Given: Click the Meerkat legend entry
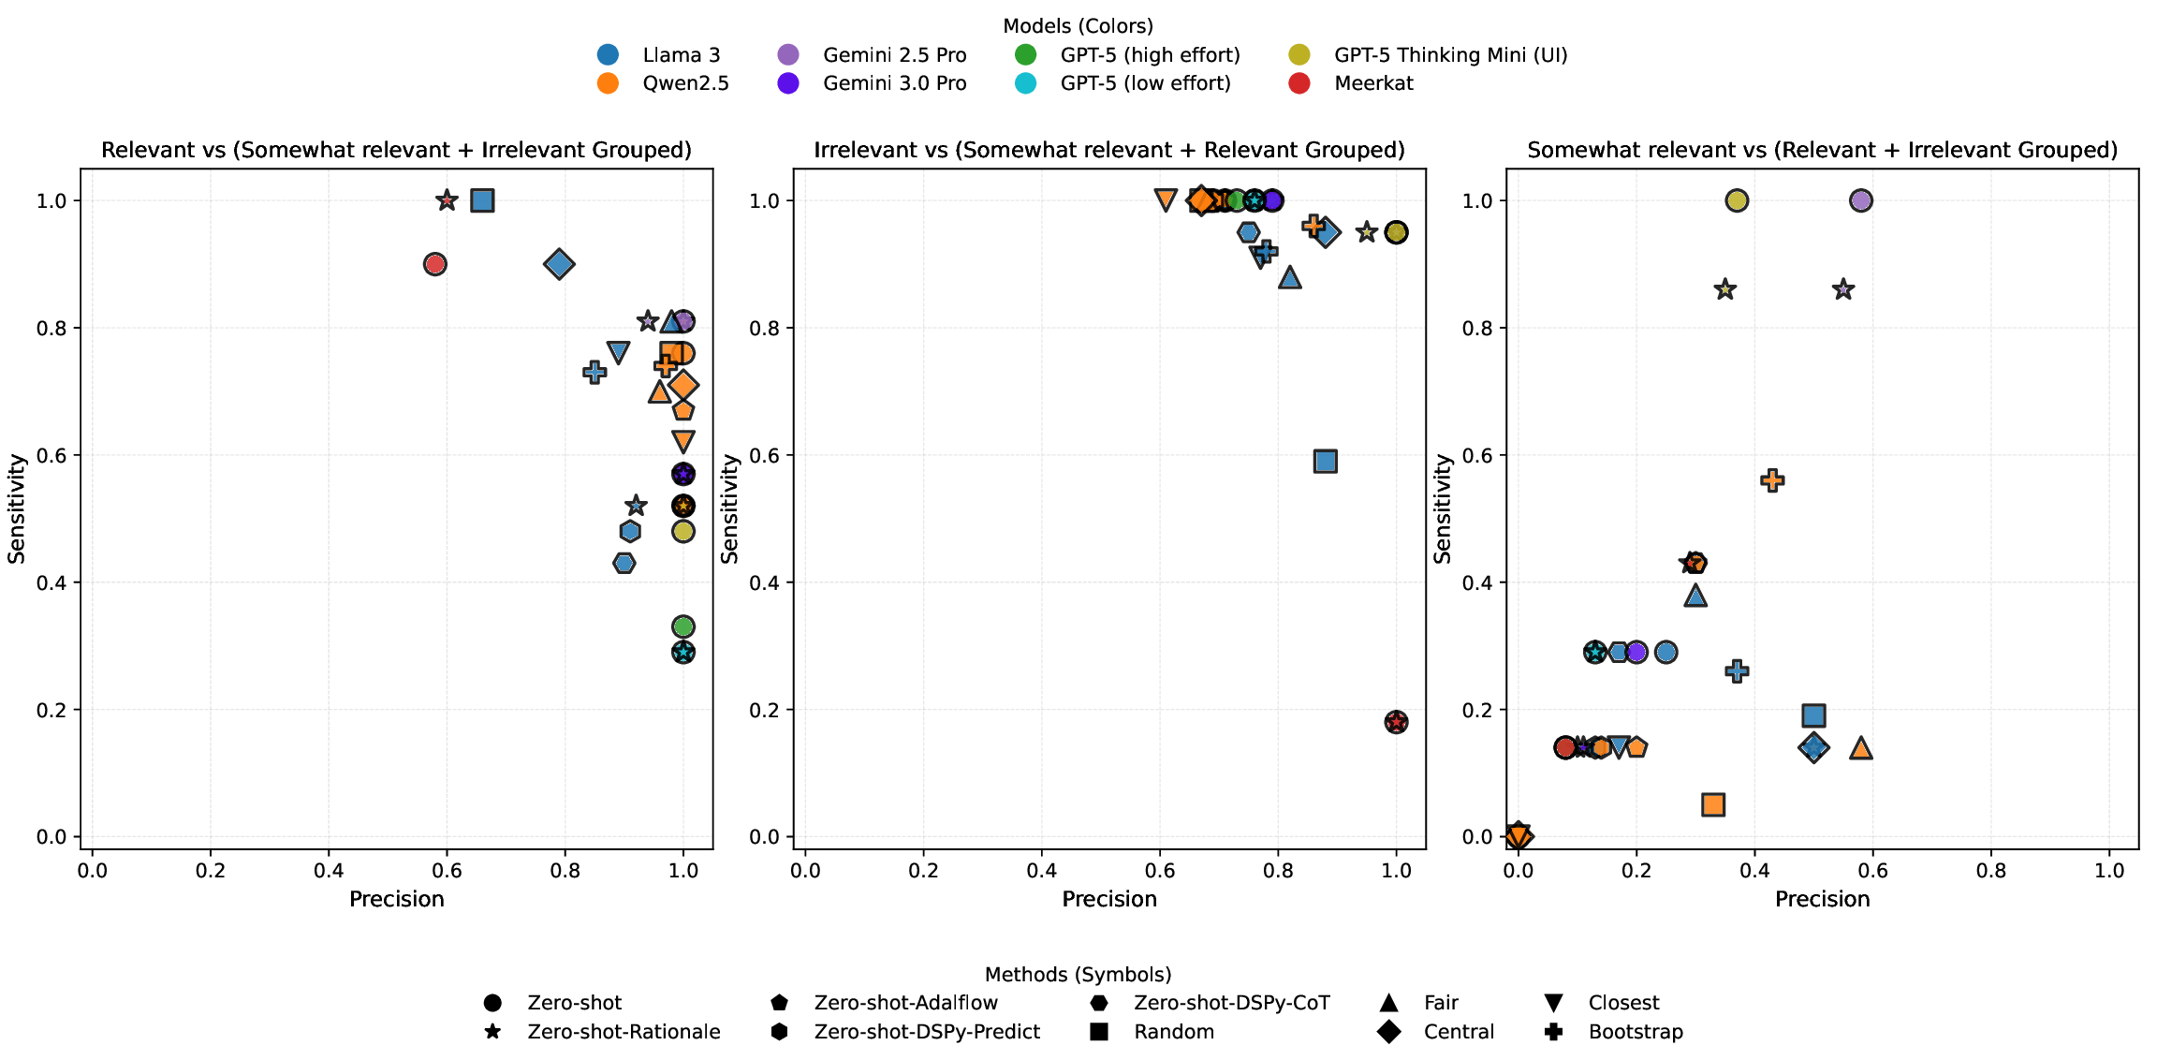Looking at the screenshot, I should pos(1373,83).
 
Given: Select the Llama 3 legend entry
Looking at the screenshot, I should pos(681,55).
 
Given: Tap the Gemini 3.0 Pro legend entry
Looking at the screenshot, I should pos(894,83).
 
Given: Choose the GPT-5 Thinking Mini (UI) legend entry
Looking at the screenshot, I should pos(1450,55).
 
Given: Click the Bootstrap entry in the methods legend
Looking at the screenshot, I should pos(1635,1032).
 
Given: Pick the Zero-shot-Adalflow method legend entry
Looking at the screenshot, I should pos(905,1003).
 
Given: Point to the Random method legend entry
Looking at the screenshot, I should pos(1173,1032).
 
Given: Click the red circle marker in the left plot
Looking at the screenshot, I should pos(434,264).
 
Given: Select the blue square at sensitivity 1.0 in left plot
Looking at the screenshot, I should pos(482,200).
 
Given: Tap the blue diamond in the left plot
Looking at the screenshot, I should pos(559,264).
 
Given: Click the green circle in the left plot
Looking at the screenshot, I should pos(683,626).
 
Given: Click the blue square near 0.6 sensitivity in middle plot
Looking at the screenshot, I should pos(1325,461).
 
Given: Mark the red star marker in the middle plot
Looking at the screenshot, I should pos(1396,722).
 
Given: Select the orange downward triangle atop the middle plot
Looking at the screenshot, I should pos(1166,199).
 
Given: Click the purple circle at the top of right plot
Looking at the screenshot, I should pos(1861,200).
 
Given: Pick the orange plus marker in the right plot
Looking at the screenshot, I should pos(1772,480).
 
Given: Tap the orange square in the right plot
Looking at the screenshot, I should pos(1713,804).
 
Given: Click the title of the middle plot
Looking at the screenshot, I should pos(1109,150).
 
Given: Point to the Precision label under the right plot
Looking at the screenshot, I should pos(1822,900).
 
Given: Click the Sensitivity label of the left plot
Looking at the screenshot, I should pos(17,508).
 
